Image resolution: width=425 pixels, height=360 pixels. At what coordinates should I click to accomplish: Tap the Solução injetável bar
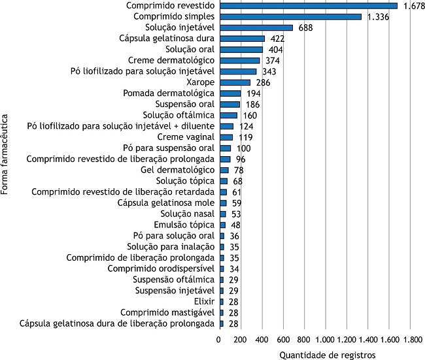click(256, 27)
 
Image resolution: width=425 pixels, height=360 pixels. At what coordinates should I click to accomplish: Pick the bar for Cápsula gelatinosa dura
click(242, 39)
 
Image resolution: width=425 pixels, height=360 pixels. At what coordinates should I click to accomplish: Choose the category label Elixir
click(204, 301)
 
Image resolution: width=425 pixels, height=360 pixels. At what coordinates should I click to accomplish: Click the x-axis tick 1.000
click(325, 340)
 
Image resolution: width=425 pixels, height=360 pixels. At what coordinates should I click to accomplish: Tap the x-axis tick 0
click(219, 340)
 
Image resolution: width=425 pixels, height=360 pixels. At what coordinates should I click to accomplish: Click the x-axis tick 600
click(283, 340)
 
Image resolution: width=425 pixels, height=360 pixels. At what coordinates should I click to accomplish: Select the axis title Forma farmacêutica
click(6, 155)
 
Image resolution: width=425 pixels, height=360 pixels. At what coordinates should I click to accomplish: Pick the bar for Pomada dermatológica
click(230, 93)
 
